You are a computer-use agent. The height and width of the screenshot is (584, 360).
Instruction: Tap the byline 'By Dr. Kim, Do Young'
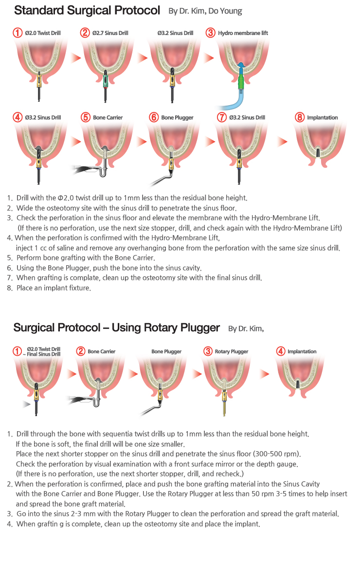point(205,11)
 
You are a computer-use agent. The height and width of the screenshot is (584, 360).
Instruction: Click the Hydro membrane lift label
point(243,33)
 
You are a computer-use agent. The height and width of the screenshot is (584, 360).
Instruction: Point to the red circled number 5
point(85,117)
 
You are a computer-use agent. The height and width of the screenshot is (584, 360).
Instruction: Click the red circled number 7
point(221,117)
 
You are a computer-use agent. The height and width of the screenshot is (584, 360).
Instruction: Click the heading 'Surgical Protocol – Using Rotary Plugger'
point(117,328)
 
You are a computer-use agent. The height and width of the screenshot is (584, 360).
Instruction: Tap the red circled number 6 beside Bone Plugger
point(153,117)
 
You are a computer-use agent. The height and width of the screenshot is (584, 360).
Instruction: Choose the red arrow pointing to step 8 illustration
point(282,141)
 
